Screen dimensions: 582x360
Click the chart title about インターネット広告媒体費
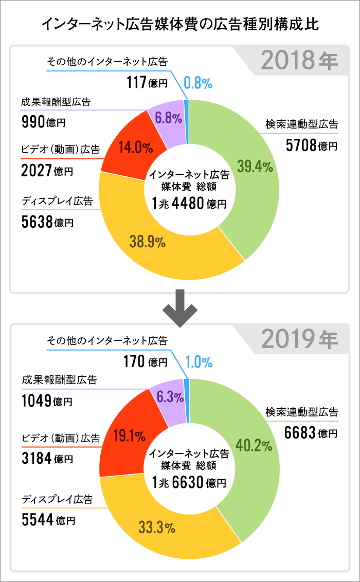[x=180, y=24]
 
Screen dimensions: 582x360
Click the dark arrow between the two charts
[x=179, y=308]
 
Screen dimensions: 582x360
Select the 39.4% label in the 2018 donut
[x=255, y=167]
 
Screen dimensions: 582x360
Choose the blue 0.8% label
[x=198, y=82]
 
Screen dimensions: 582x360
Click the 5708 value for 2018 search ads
[x=301, y=146]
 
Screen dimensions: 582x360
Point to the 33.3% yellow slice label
[x=157, y=527]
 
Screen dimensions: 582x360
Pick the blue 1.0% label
[x=199, y=362]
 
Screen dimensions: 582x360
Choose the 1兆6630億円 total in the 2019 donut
[x=189, y=483]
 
